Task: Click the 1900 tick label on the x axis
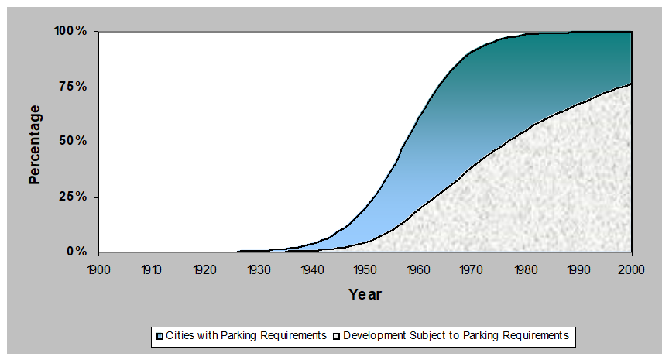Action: [98, 269]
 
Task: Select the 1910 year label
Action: [151, 269]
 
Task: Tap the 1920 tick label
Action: [204, 269]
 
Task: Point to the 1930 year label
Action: [258, 269]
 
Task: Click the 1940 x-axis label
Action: [311, 269]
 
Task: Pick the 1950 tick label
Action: [365, 269]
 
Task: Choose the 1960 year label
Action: [418, 269]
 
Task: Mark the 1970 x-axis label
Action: [472, 269]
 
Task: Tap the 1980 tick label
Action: [525, 269]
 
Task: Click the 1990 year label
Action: [578, 269]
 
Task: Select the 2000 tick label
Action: [632, 269]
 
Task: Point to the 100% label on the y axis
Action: [70, 32]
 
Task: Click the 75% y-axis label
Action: [74, 87]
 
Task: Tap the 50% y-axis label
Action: [74, 142]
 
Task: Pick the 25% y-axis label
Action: [74, 197]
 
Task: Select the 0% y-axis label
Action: [77, 252]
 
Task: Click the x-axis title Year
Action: [365, 294]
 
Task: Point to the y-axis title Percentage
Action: [34, 144]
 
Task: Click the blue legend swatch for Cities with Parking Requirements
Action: [159, 336]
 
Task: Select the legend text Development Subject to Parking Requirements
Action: [455, 336]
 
